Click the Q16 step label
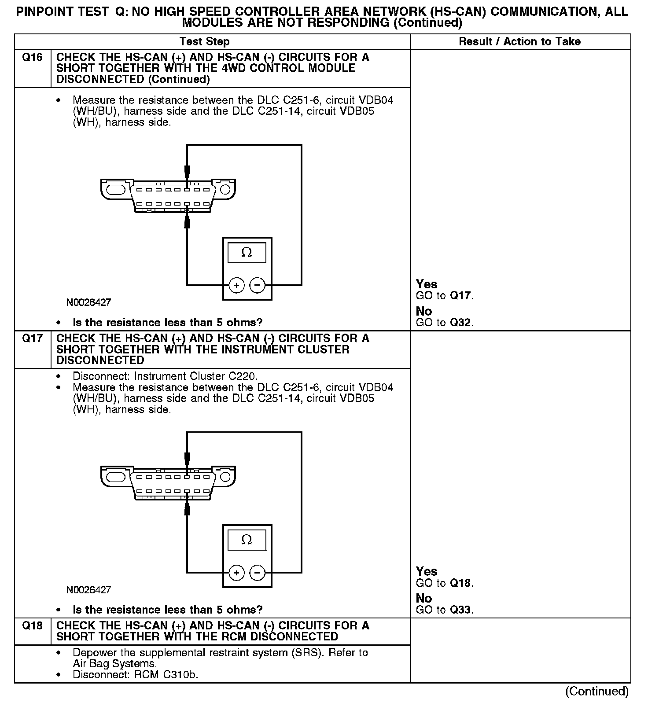click(x=32, y=58)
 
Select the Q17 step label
click(x=32, y=338)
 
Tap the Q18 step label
click(x=32, y=626)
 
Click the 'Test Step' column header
click(x=204, y=42)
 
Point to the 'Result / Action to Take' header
click(x=519, y=42)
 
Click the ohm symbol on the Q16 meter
click(x=247, y=253)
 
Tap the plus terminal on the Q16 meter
click(x=236, y=285)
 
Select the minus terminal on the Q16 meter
click(x=258, y=285)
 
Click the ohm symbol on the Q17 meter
click(x=247, y=540)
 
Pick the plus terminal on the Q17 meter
click(x=236, y=573)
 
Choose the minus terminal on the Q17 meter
click(x=258, y=573)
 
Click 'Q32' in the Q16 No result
click(x=460, y=323)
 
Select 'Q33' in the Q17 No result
click(x=460, y=610)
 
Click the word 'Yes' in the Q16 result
click(x=427, y=284)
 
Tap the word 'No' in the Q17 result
click(x=424, y=599)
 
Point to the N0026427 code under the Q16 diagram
click(x=88, y=302)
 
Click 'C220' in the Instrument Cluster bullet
click(x=242, y=376)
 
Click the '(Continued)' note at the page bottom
click(x=597, y=691)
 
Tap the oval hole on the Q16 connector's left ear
click(x=117, y=190)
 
